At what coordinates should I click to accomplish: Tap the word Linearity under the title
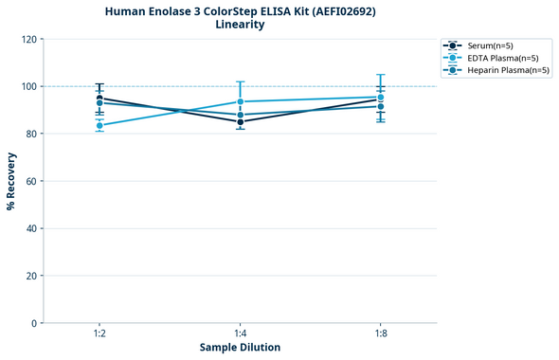tap(240, 25)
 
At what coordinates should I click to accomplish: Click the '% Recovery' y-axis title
tap(11, 181)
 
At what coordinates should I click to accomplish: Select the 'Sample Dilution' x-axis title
tap(240, 347)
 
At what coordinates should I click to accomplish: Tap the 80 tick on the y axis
tap(31, 134)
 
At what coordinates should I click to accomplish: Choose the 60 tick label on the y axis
tap(31, 181)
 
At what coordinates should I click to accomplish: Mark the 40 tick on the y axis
tap(31, 228)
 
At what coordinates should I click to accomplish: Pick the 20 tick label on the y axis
tap(31, 276)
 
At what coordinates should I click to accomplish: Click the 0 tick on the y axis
tap(34, 323)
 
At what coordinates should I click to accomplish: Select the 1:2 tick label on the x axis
tap(99, 334)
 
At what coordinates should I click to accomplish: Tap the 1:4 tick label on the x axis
tap(241, 334)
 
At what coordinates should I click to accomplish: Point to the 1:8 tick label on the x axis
tap(381, 334)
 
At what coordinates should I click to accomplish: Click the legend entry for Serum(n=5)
tap(490, 45)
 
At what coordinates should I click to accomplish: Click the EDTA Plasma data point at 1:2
tap(99, 125)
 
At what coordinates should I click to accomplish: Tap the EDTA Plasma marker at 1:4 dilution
tap(241, 101)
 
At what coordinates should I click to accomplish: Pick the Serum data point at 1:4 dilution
tap(241, 121)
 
